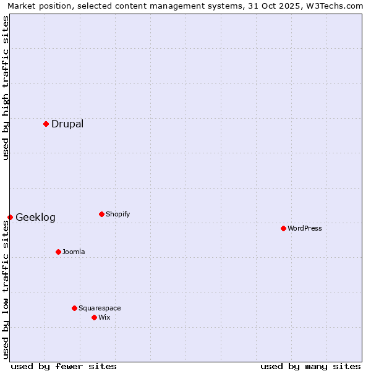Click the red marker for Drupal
tap(46, 124)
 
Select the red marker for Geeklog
tap(10, 217)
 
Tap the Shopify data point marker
tap(101, 214)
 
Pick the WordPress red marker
tap(283, 228)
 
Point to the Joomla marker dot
tap(58, 252)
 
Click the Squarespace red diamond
tap(74, 308)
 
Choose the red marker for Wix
tap(94, 317)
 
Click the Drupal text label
tap(67, 124)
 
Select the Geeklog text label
tap(35, 217)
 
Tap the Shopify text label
tap(117, 214)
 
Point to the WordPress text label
tap(304, 228)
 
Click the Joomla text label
tap(74, 252)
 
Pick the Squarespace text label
tap(100, 308)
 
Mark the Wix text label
tap(104, 317)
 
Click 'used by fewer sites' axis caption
tap(64, 366)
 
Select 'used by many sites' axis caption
tap(310, 366)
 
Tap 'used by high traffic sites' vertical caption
tap(6, 88)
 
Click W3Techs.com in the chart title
tap(336, 6)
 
